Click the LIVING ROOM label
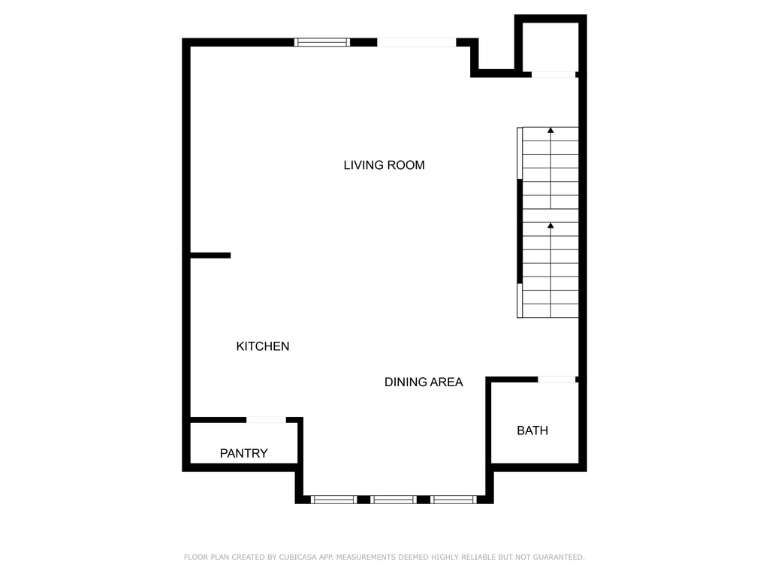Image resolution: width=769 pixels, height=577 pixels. click(x=384, y=165)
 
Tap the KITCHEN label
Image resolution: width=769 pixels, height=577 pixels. click(x=263, y=346)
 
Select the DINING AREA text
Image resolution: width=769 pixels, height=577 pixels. click(x=424, y=382)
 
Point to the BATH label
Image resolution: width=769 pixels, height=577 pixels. click(x=532, y=430)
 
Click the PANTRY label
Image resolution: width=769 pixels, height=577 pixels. click(x=243, y=454)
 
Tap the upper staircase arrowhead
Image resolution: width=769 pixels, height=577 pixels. click(x=550, y=131)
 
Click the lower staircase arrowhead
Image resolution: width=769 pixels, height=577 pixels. click(x=550, y=225)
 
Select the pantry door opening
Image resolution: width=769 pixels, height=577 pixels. click(x=266, y=419)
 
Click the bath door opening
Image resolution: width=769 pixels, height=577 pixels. click(x=556, y=379)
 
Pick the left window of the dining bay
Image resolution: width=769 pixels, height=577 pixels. click(x=333, y=499)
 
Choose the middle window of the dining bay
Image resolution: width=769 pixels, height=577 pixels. click(x=394, y=499)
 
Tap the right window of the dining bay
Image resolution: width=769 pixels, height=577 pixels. click(x=454, y=499)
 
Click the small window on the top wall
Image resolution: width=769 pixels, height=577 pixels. click(x=322, y=42)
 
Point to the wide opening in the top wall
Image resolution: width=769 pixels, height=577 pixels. click(x=416, y=42)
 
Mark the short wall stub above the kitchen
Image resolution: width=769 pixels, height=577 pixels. click(x=210, y=255)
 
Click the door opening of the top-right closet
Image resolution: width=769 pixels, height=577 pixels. click(x=553, y=74)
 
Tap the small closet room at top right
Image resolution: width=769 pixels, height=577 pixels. click(x=550, y=47)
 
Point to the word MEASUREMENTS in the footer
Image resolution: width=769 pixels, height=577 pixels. click(x=367, y=557)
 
